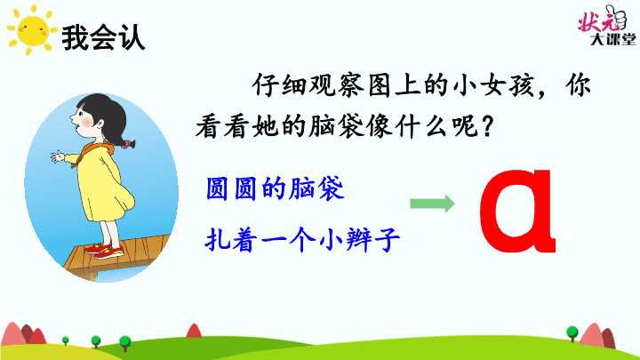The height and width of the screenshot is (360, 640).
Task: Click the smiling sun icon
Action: (x=31, y=30)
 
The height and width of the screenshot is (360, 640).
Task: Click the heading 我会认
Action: (x=103, y=37)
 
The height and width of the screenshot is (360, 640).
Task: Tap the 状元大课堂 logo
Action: (x=606, y=25)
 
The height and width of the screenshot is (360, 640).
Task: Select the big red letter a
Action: (x=518, y=211)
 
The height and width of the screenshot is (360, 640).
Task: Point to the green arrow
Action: (x=432, y=204)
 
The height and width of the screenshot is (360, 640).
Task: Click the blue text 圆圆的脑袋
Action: (x=275, y=188)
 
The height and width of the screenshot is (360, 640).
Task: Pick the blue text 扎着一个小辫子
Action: (x=302, y=239)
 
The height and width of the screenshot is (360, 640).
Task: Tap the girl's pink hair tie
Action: (x=128, y=144)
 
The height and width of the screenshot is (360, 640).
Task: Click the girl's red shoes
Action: (x=105, y=251)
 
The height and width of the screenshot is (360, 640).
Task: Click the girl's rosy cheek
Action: (x=87, y=122)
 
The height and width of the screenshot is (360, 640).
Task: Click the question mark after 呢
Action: (x=487, y=126)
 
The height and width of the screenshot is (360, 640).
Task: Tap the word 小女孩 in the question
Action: (x=494, y=85)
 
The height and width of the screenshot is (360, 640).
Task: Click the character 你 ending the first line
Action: (x=578, y=85)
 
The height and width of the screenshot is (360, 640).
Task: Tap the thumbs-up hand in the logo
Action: (x=616, y=17)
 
